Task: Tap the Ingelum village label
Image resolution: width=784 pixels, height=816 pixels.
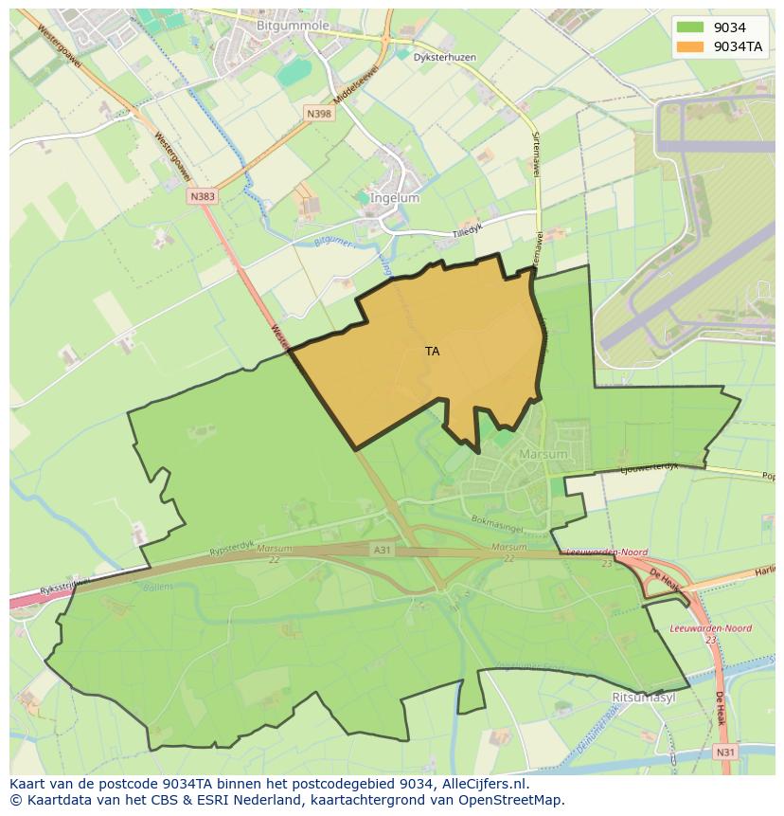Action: point(396,198)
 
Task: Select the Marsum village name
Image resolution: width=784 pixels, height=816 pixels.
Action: point(543,454)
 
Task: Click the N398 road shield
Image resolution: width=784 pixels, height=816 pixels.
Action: point(319,114)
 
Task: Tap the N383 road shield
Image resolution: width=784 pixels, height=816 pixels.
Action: point(202,196)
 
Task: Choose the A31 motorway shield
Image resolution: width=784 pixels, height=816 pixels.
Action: point(382,549)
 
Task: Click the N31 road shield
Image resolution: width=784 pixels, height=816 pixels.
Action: point(725,752)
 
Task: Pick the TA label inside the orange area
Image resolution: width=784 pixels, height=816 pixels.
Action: point(433,352)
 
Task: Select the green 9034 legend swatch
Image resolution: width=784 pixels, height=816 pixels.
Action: point(690,27)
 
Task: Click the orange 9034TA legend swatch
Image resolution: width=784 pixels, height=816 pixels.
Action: point(690,46)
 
